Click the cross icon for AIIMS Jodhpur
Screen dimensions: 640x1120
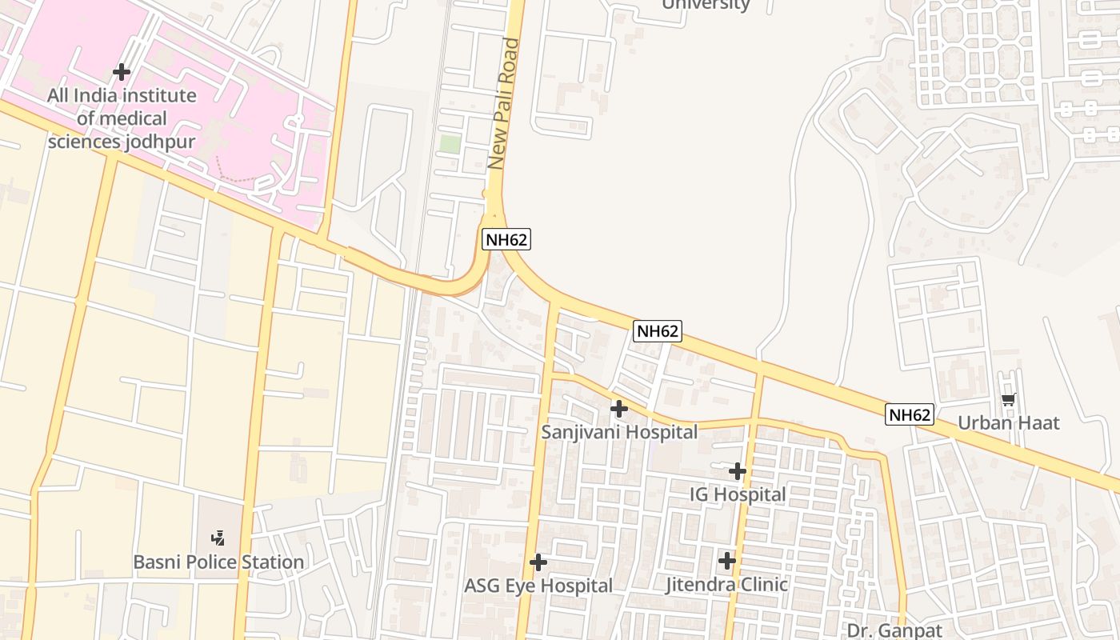pyautogui.click(x=122, y=72)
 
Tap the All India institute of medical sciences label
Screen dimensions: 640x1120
pyautogui.click(x=122, y=118)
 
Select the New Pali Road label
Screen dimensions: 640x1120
pyautogui.click(x=504, y=104)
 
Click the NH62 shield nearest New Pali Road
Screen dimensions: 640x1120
pyautogui.click(x=506, y=238)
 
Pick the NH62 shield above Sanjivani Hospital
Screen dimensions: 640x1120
pyautogui.click(x=658, y=331)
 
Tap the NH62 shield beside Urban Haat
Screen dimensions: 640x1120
pyautogui.click(x=910, y=414)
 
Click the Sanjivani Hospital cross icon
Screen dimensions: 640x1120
pyautogui.click(x=618, y=409)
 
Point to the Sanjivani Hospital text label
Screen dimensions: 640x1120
pyautogui.click(x=619, y=432)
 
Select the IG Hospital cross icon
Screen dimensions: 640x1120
pyautogui.click(x=738, y=471)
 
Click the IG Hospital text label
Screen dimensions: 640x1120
pyautogui.click(x=738, y=494)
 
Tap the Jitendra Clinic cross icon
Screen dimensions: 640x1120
pyautogui.click(x=726, y=561)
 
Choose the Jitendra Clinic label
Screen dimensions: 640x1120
pyautogui.click(x=726, y=585)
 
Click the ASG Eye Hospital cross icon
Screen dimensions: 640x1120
pyautogui.click(x=538, y=562)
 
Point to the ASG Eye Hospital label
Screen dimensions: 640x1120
pyautogui.click(x=538, y=586)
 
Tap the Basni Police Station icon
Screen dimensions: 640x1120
pyautogui.click(x=218, y=538)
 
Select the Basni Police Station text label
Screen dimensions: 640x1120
pyautogui.click(x=218, y=562)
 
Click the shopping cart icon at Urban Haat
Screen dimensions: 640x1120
pyautogui.click(x=1008, y=399)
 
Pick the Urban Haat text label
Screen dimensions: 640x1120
pyautogui.click(x=1008, y=422)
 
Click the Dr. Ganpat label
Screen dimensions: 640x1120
pyautogui.click(x=894, y=630)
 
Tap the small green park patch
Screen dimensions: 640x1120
pyautogui.click(x=450, y=145)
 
